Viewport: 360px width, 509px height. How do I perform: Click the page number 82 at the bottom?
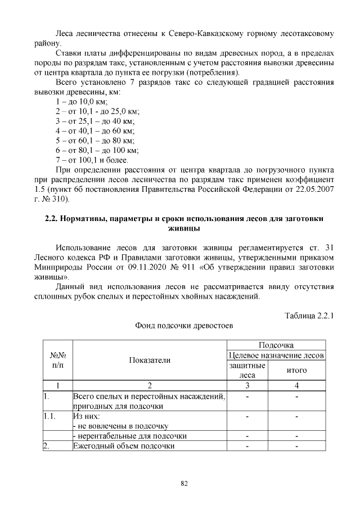click(184, 483)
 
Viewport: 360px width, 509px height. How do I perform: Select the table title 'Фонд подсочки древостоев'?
click(183, 326)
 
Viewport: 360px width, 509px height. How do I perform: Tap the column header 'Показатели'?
click(150, 361)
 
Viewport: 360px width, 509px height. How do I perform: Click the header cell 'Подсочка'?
click(276, 345)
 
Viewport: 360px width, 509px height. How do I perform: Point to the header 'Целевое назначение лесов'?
click(276, 355)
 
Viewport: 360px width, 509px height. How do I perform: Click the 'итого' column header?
click(296, 371)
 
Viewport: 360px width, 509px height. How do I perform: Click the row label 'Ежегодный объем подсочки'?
click(124, 446)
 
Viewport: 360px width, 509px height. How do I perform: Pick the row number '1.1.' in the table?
click(51, 417)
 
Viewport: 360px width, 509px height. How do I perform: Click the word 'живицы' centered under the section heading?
click(183, 229)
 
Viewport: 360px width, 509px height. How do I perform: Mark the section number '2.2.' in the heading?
click(53, 219)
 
